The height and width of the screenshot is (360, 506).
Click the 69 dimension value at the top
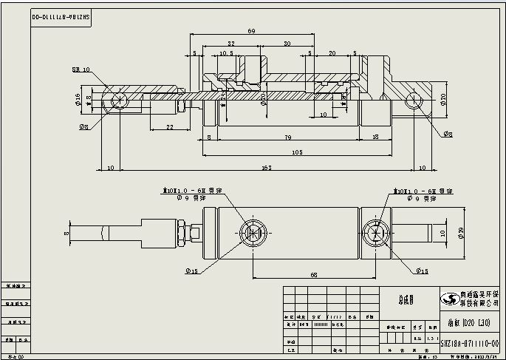252,31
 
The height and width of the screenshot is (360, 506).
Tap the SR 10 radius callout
81,69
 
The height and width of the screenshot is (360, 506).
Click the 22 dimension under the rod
169,127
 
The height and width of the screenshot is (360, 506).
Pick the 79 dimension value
287,137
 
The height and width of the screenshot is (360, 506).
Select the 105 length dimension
297,152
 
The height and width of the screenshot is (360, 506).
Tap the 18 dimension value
376,137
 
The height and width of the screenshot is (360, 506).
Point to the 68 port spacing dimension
314,274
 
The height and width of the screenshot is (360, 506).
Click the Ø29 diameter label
461,234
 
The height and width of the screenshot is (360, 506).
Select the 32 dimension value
231,44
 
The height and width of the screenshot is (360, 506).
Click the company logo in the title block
448,299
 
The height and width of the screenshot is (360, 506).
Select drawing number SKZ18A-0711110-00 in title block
468,344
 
